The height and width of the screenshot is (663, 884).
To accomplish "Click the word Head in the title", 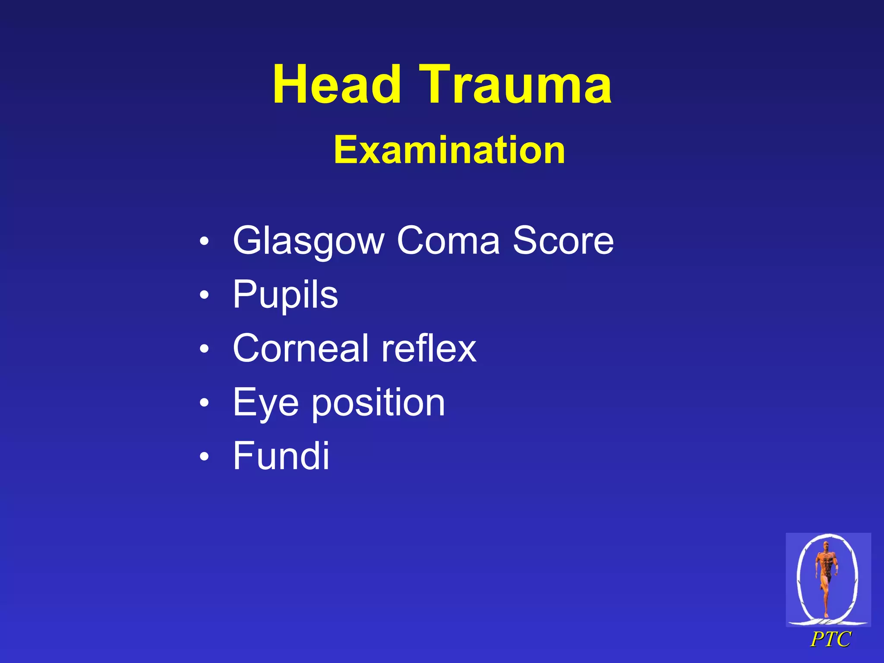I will (x=337, y=85).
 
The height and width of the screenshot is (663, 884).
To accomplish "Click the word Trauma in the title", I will (x=515, y=85).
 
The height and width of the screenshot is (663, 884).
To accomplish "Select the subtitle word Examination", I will (x=449, y=150).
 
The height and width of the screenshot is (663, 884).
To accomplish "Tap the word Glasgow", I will (x=308, y=241).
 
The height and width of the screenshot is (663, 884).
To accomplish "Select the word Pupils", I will (x=285, y=295).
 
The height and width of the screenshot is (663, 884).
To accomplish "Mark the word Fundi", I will (x=281, y=456).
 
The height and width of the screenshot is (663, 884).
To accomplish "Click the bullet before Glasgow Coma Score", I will (x=204, y=241).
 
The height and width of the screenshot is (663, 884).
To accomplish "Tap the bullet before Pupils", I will (x=204, y=295).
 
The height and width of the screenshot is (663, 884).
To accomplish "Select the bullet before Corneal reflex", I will (x=204, y=349).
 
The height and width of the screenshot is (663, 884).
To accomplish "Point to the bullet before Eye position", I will (x=204, y=403).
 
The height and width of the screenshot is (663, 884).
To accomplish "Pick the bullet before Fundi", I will (x=204, y=456).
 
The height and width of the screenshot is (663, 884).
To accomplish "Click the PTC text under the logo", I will (x=830, y=640).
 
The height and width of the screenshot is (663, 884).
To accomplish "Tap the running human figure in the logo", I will (x=826, y=578).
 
